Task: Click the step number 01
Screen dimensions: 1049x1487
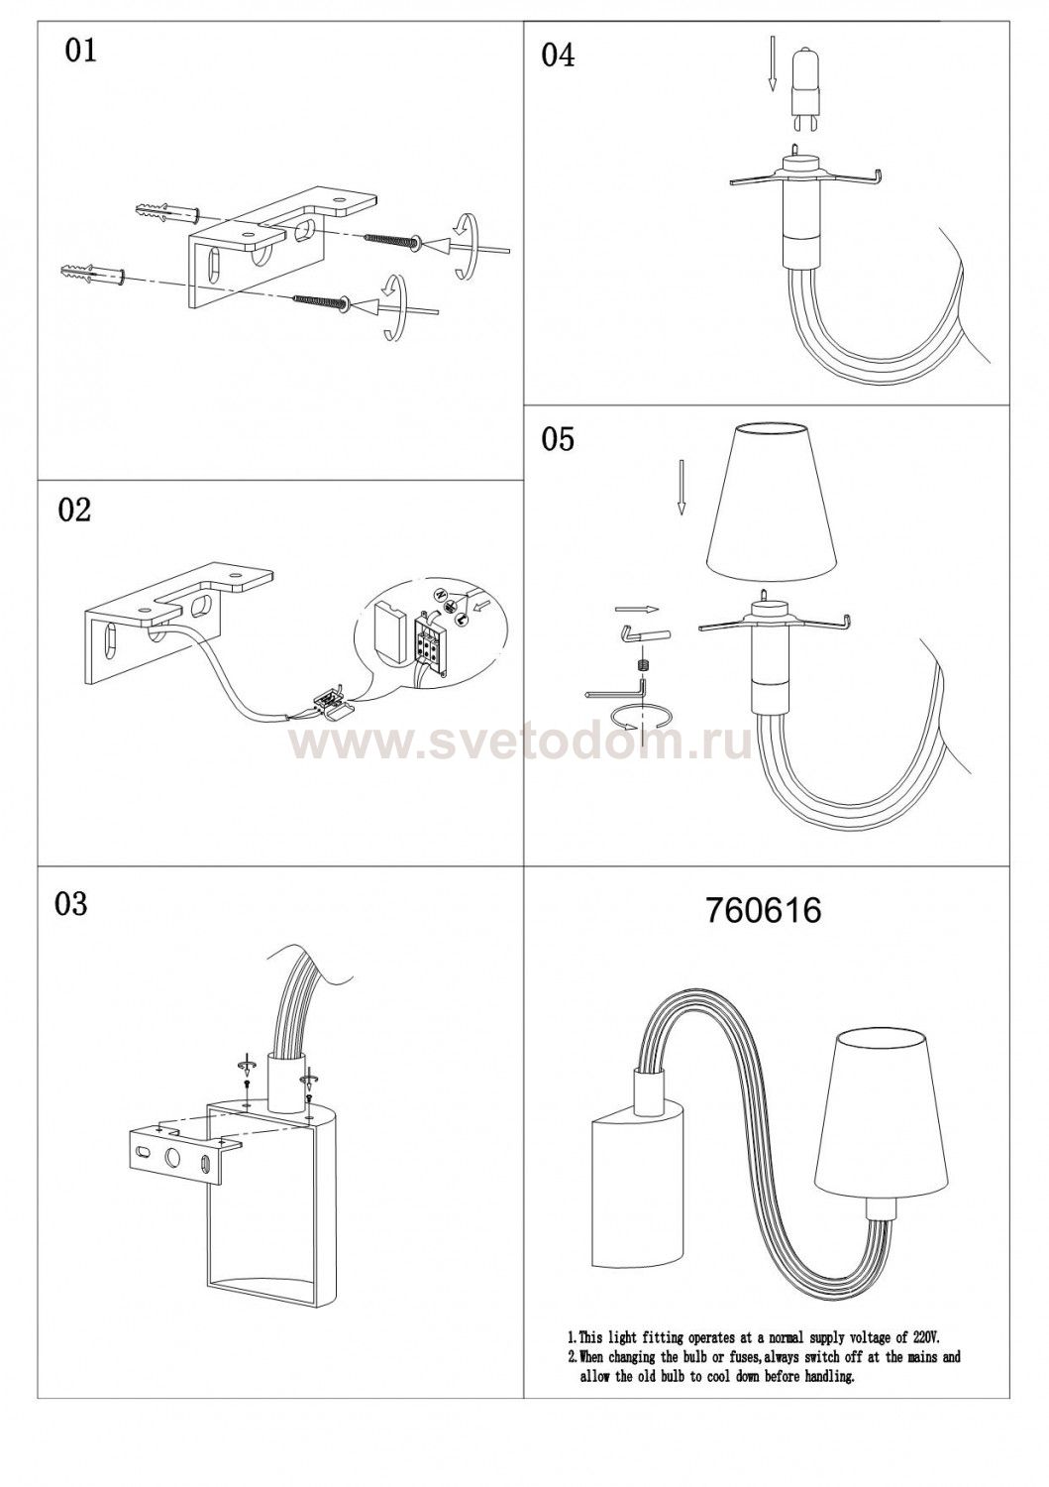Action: click(x=80, y=51)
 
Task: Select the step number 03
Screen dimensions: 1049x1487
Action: click(x=71, y=904)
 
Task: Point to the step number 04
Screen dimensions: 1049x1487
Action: click(x=558, y=56)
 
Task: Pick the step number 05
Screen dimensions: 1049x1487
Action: click(x=558, y=439)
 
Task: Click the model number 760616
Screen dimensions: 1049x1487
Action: click(x=763, y=911)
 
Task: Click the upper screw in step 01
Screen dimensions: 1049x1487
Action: click(x=391, y=241)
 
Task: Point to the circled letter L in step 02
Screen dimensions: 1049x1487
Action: click(x=461, y=618)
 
